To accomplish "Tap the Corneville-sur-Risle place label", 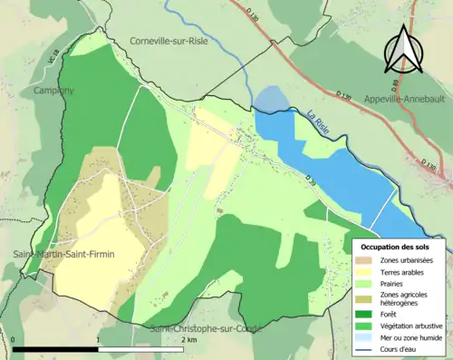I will pyautogui.click(x=169, y=41).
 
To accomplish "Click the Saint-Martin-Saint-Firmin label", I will pyautogui.click(x=63, y=254).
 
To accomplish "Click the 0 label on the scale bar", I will pyautogui.click(x=14, y=340).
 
